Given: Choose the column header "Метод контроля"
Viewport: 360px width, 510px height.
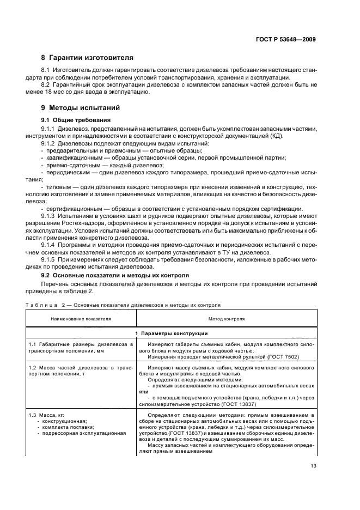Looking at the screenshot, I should tap(226, 318).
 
